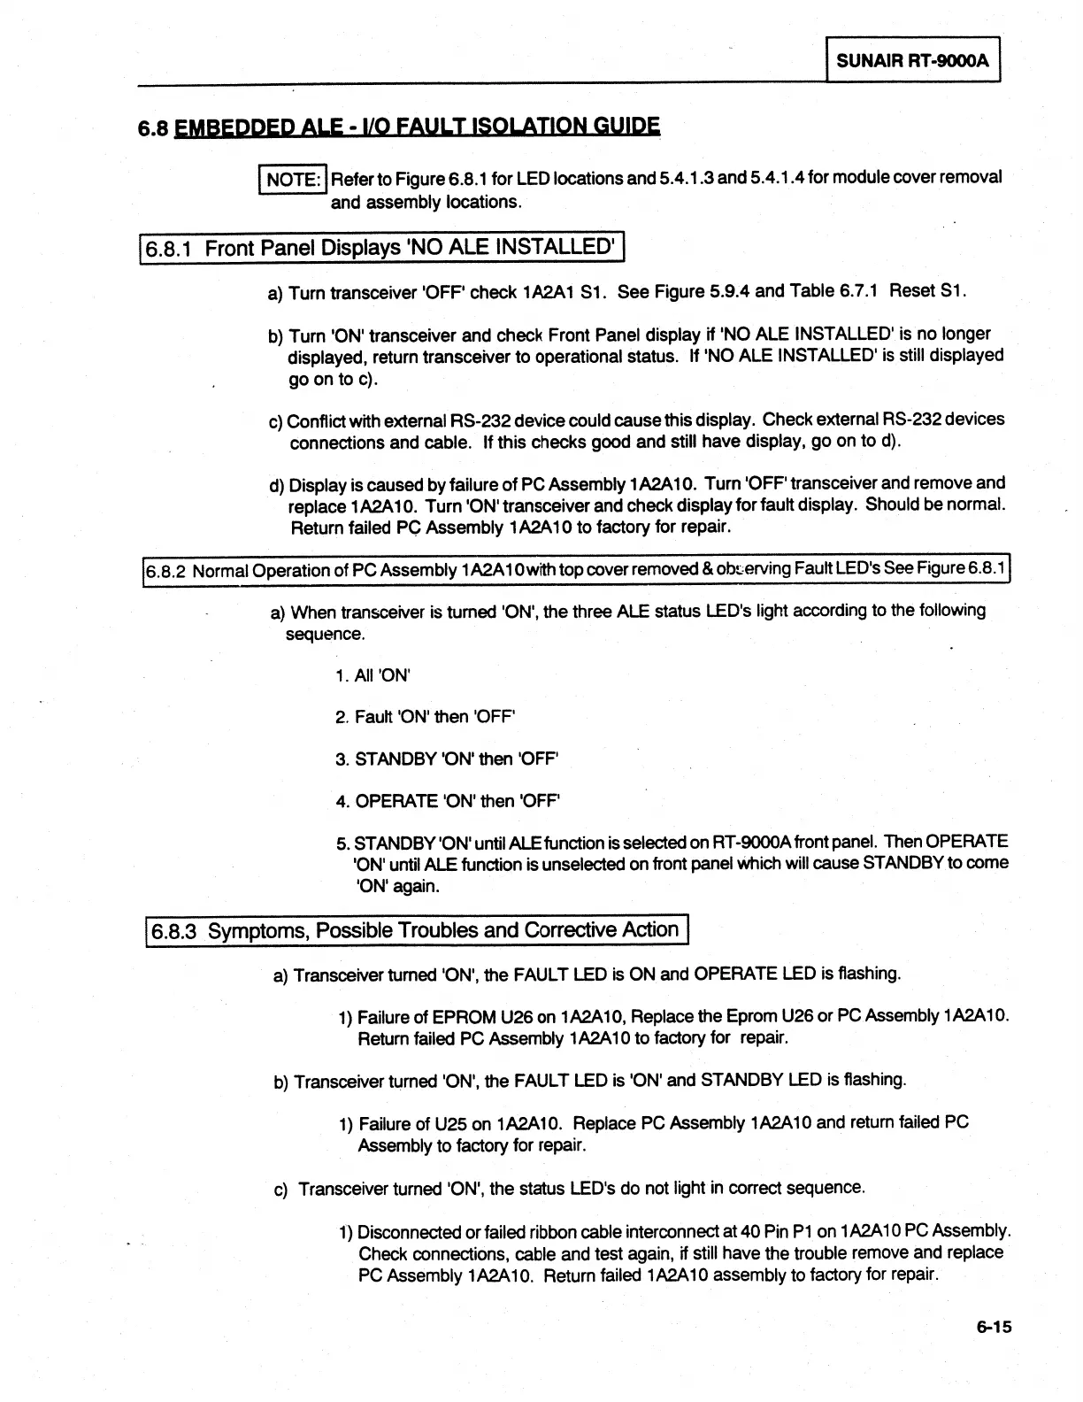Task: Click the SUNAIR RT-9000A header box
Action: [912, 61]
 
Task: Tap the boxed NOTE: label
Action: [293, 180]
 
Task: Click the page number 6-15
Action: [994, 1327]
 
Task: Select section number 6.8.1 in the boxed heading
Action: [171, 249]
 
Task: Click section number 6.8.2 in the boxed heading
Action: [165, 571]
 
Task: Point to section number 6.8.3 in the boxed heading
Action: [174, 932]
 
